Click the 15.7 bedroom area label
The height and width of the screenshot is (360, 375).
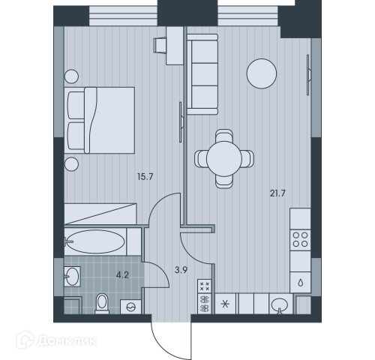145,177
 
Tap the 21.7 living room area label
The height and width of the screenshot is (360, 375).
277,193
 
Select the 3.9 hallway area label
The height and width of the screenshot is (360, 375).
181,270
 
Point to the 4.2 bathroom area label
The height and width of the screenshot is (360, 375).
122,275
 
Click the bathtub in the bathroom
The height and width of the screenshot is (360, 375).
94,241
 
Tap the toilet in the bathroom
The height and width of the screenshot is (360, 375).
102,304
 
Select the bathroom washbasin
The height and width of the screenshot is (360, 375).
72,277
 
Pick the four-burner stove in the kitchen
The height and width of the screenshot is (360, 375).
300,240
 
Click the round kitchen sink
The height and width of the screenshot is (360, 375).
280,304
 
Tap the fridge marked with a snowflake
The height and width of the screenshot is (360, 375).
225,304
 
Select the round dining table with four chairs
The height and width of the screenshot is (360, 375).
224,159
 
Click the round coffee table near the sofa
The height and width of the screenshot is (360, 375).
262,73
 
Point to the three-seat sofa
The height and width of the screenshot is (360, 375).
202,74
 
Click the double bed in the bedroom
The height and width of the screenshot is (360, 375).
100,120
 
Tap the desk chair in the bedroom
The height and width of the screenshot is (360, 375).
160,45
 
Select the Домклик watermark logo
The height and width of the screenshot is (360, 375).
56,340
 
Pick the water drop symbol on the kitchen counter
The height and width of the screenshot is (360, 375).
301,283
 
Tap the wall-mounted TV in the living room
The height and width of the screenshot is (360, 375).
308,75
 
